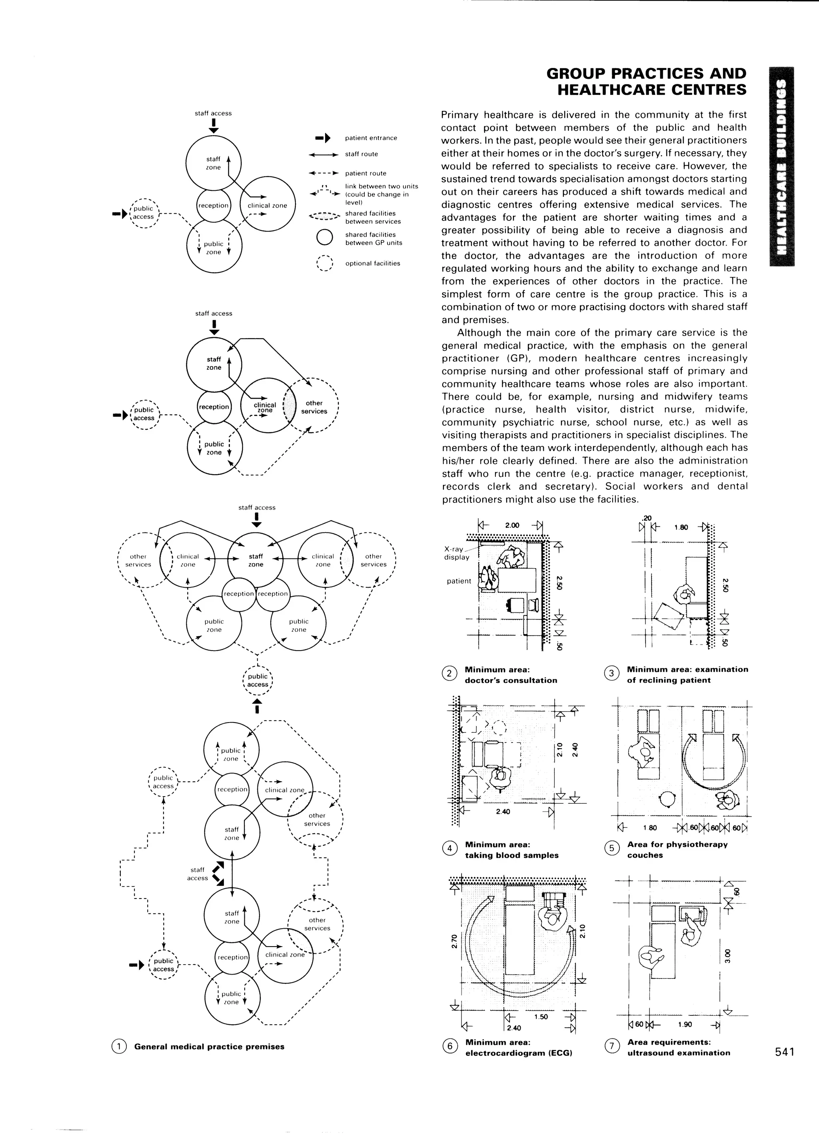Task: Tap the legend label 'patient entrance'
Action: tap(371, 138)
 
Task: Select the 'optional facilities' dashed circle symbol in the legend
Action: tap(325, 263)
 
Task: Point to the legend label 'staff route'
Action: tap(361, 154)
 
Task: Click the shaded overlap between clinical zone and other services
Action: tap(289, 406)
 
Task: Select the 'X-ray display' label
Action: tap(456, 553)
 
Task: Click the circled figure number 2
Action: tap(449, 674)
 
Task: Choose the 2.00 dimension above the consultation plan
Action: tap(512, 525)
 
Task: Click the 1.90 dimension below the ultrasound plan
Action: tap(684, 1025)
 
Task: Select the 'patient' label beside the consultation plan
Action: tap(459, 581)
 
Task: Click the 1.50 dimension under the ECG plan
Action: tap(541, 1017)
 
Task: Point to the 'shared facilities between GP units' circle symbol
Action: tap(325, 238)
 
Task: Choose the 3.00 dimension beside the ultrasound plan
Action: tap(729, 955)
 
